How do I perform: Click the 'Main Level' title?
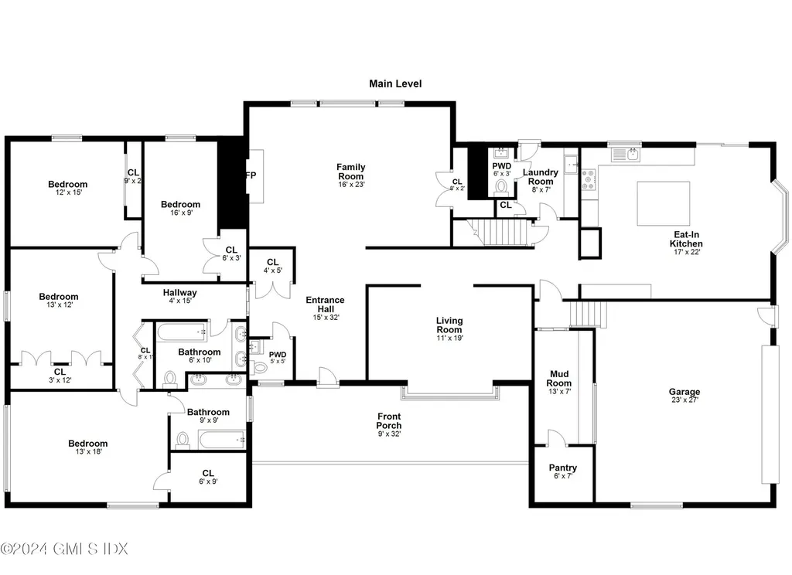(x=395, y=83)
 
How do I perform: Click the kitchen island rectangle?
(x=663, y=203)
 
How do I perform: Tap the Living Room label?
(x=449, y=325)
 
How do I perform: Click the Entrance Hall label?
(x=325, y=305)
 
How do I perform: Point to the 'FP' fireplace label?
(x=251, y=175)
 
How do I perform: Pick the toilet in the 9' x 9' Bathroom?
(x=183, y=440)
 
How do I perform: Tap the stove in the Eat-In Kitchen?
(x=588, y=180)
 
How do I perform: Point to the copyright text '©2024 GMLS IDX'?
(x=64, y=549)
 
